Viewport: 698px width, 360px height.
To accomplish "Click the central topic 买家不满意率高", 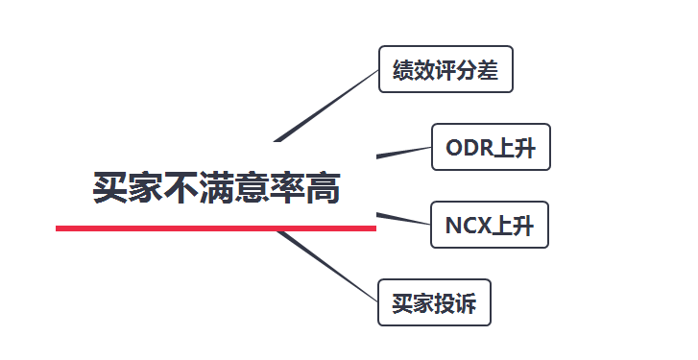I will tap(216, 187).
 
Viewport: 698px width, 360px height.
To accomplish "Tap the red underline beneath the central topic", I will tap(216, 228).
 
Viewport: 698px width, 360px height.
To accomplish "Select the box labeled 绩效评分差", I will tap(445, 69).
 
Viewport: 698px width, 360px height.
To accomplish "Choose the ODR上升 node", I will tap(491, 147).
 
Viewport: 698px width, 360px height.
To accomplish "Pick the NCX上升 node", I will tap(490, 225).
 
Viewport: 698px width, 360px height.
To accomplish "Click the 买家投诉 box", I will tap(434, 302).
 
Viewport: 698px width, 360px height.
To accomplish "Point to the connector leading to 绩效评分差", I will tap(326, 105).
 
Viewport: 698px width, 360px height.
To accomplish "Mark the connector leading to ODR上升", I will tap(403, 152).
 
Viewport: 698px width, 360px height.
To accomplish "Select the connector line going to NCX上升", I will tap(403, 217).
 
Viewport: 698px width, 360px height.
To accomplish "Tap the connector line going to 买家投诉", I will tap(326, 264).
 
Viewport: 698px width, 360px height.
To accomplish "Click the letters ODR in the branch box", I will tap(468, 147).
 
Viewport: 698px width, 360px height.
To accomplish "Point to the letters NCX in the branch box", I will tap(467, 225).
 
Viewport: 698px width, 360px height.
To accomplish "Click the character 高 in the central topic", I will tap(324, 187).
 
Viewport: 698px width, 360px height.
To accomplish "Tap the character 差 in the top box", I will tap(489, 69).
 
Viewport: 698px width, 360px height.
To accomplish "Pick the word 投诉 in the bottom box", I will tap(455, 302).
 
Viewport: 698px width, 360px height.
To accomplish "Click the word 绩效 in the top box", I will tap(414, 69).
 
